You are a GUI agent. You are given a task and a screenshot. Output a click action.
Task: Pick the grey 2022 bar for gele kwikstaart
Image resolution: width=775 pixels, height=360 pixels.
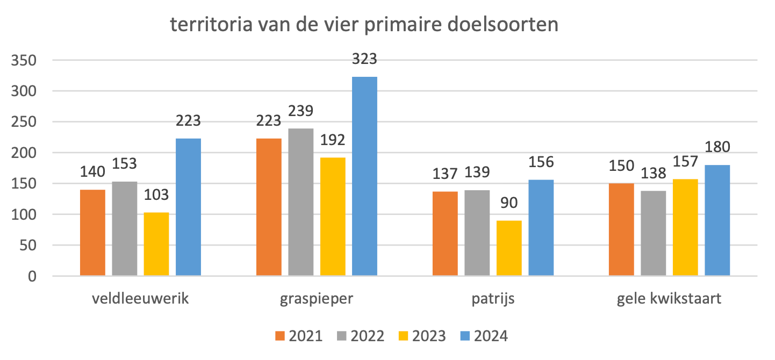pyautogui.click(x=654, y=233)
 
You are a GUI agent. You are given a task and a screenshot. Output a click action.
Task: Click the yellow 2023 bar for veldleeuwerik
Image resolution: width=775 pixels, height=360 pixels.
pyautogui.click(x=156, y=244)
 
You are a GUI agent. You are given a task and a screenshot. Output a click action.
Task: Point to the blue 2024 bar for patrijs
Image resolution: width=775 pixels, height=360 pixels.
pyautogui.click(x=541, y=228)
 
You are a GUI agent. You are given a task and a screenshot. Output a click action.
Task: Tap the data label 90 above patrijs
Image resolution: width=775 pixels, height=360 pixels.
pyautogui.click(x=509, y=203)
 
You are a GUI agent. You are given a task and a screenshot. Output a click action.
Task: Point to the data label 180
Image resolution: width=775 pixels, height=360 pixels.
pyautogui.click(x=717, y=147)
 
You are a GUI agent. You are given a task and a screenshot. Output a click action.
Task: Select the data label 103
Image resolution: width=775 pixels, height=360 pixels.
pyautogui.click(x=156, y=195)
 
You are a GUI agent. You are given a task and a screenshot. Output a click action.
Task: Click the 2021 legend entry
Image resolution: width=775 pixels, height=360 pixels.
pyautogui.click(x=299, y=336)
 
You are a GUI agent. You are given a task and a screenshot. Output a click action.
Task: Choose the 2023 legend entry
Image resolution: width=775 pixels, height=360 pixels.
pyautogui.click(x=422, y=336)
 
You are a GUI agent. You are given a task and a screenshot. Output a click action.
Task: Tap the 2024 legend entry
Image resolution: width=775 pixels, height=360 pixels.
pyautogui.click(x=484, y=336)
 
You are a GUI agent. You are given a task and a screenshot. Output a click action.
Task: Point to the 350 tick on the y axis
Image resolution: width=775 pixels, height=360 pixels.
pyautogui.click(x=25, y=61)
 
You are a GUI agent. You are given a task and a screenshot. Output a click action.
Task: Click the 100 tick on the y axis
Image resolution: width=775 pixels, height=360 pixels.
pyautogui.click(x=25, y=215)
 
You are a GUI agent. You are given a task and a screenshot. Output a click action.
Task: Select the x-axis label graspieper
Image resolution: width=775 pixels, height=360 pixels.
pyautogui.click(x=317, y=299)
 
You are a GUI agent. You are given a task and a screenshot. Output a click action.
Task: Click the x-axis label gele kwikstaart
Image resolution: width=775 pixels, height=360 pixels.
pyautogui.click(x=669, y=299)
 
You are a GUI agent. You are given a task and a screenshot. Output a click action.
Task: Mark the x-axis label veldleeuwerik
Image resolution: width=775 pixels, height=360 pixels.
pyautogui.click(x=140, y=299)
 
